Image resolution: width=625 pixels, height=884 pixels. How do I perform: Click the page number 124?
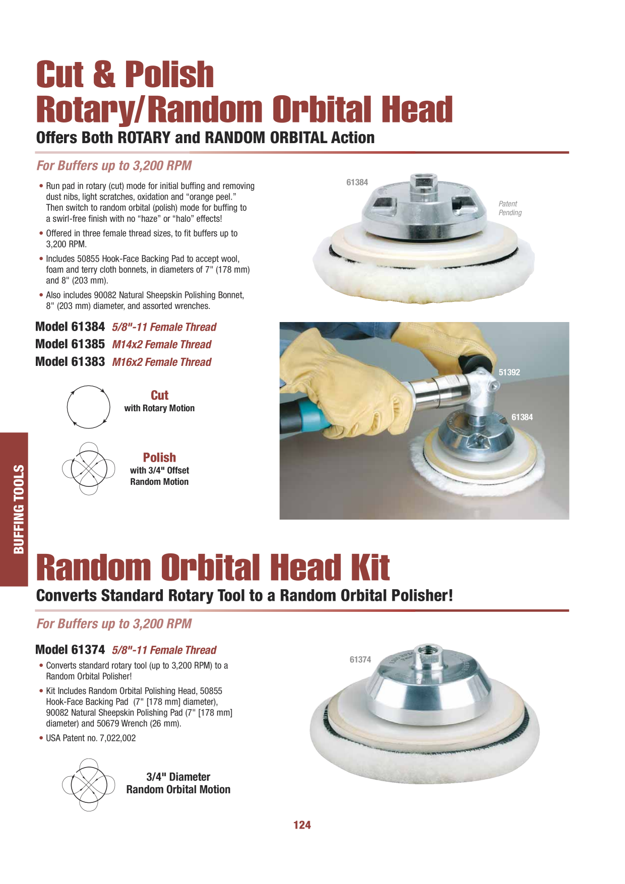coord(302,825)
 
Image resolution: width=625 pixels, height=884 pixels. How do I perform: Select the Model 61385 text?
coord(70,344)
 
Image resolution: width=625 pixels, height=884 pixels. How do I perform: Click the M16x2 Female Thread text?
coord(162,362)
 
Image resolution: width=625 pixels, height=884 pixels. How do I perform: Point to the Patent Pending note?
coord(510,208)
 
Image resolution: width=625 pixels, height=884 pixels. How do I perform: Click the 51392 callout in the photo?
coord(509,372)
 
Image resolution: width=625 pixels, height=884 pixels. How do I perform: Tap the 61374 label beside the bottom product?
coord(360,660)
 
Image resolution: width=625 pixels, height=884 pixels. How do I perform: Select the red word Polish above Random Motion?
coord(159,458)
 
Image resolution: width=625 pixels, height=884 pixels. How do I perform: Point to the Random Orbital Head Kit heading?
coord(213,567)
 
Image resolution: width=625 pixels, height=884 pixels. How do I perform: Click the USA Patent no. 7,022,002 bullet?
coord(88,738)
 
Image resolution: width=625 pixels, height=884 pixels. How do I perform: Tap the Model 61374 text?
coord(70,650)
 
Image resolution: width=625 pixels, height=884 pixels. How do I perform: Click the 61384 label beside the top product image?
coord(357,182)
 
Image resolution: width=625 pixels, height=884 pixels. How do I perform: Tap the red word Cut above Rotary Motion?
coord(159,395)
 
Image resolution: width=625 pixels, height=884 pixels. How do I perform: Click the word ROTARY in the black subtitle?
coord(144,138)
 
